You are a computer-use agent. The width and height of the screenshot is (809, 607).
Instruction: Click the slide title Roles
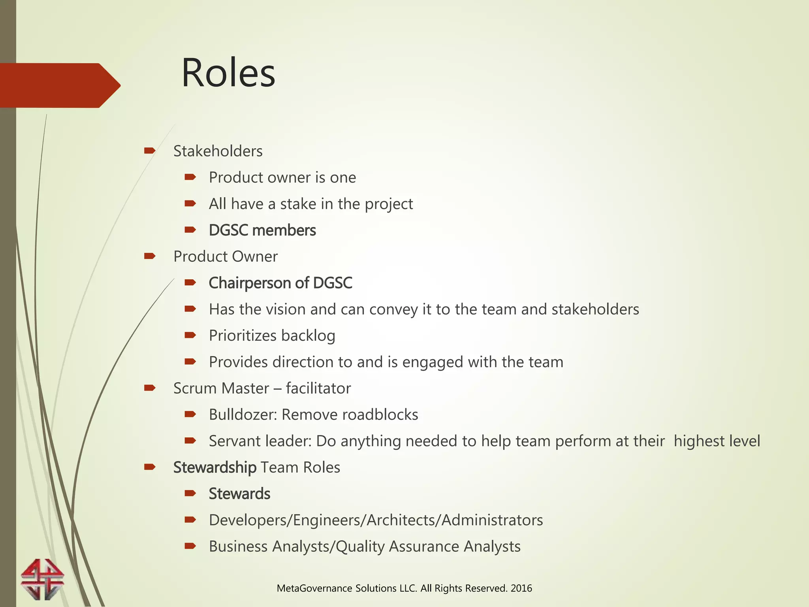[228, 73]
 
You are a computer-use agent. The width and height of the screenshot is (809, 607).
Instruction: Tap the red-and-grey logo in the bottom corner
[42, 579]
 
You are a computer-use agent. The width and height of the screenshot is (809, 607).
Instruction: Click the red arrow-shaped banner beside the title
[59, 85]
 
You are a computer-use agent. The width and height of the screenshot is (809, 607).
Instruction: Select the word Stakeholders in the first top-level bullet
[218, 151]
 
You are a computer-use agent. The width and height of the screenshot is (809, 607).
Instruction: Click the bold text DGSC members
[262, 230]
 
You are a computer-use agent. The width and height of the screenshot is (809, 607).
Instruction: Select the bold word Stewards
[239, 494]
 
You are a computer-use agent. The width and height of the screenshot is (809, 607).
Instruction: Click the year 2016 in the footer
[521, 588]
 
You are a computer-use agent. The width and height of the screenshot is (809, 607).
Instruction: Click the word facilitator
[318, 388]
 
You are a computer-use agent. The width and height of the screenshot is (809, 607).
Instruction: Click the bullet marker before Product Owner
[150, 256]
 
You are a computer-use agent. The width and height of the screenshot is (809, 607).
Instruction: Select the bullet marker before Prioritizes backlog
[190, 336]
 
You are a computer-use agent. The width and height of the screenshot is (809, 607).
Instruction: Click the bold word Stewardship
[214, 468]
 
